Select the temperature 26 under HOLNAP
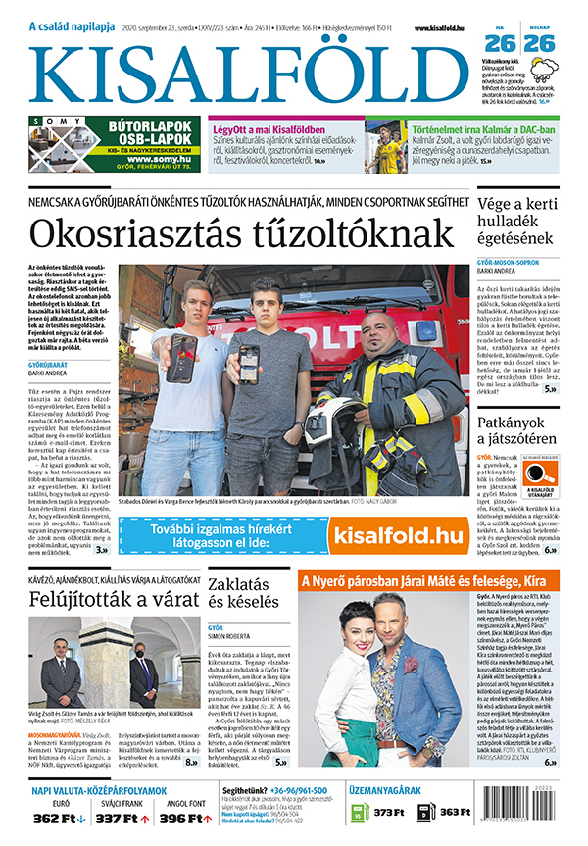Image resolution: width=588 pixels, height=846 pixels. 541,44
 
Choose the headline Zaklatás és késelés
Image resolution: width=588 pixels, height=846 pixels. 239,592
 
